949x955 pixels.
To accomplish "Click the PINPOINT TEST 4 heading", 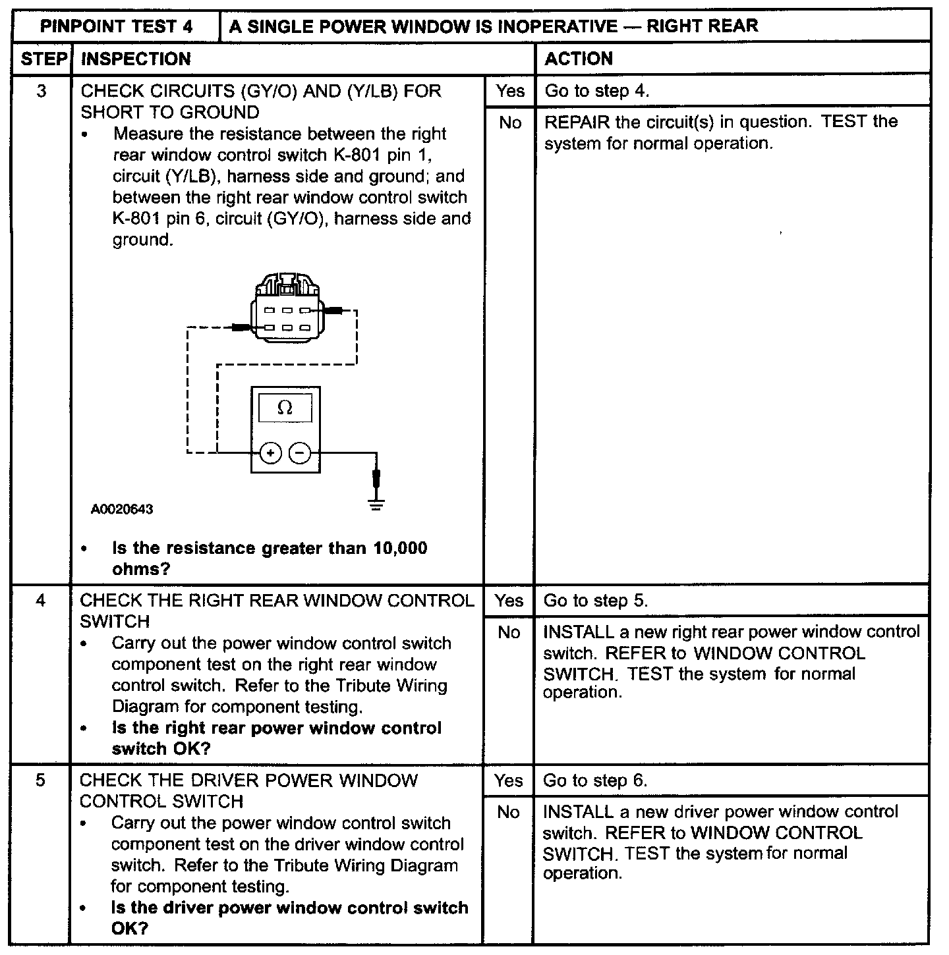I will tap(117, 26).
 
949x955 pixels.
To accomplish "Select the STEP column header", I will tap(42, 59).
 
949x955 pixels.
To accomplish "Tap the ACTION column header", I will tap(579, 59).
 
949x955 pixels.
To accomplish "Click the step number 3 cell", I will tap(42, 91).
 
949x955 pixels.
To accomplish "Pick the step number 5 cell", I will tap(41, 780).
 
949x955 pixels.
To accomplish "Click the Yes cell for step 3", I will tap(510, 91).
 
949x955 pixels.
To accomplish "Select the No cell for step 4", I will tap(509, 633).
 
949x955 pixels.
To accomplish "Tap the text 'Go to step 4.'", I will tap(596, 91).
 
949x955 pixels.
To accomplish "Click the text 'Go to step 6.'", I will tap(595, 780).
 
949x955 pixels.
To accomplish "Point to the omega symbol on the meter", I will tap(285, 408).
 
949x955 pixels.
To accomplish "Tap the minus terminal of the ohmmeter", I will tap(300, 453).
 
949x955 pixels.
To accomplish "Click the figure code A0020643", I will tap(122, 509).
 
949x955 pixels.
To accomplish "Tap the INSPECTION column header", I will tap(135, 59).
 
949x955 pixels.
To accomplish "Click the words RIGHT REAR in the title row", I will tap(703, 26).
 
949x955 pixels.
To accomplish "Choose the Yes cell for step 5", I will tap(508, 780).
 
